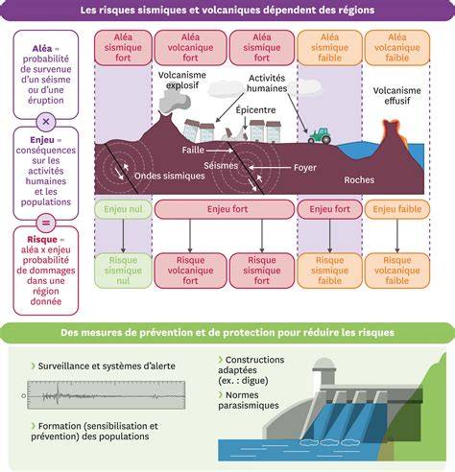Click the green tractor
point(320,136)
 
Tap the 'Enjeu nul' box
point(123,209)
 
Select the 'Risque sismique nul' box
point(123,271)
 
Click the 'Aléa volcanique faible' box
point(397,48)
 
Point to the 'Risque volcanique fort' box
point(190,271)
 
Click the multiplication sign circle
point(46,122)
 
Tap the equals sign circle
point(46,223)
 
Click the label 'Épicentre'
point(255,110)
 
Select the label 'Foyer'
point(305,168)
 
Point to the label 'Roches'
point(359,179)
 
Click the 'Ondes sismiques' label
point(170,176)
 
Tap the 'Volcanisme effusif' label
point(396,96)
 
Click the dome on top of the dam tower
point(324,364)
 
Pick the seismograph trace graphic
point(106,395)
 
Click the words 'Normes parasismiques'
point(249,400)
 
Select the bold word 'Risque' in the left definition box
point(42,240)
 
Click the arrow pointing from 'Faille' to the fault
point(220,151)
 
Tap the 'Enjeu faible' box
point(397,209)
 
